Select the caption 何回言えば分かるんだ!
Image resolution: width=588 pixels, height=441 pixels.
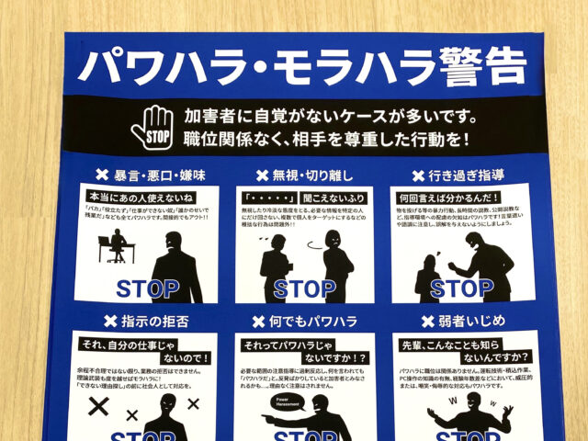coord(447,197)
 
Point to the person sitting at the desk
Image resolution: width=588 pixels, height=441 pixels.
coord(119,245)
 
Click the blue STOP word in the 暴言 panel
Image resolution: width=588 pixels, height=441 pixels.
coord(148,288)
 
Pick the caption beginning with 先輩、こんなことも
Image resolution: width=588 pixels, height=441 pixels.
coord(464,349)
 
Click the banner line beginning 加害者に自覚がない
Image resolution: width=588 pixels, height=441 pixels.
coord(317,118)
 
